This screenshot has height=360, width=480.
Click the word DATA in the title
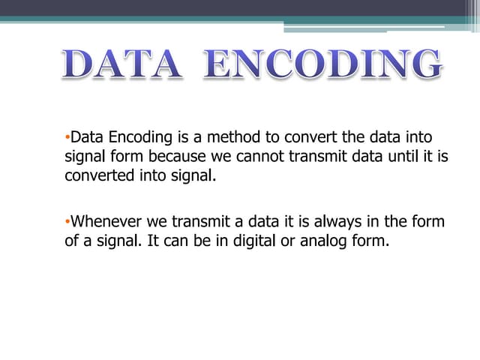coord(121,65)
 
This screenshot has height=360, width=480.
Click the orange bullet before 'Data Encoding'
coord(67,137)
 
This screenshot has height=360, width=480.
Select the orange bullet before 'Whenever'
coord(67,222)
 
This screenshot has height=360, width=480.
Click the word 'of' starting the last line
coord(71,243)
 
